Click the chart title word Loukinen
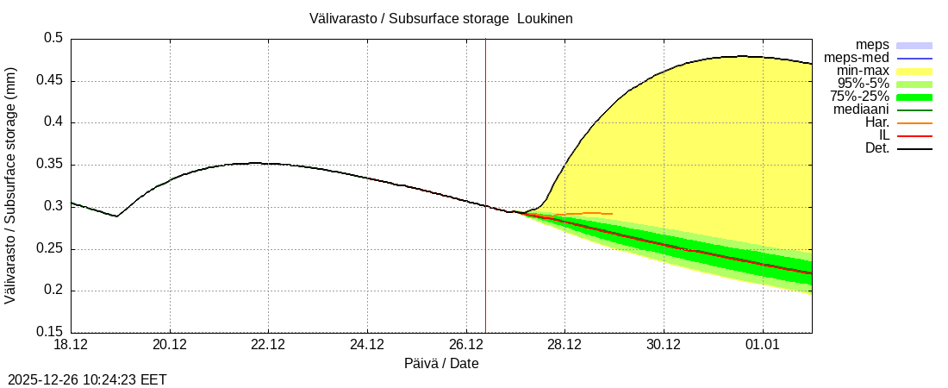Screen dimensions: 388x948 pyautogui.click(x=545, y=18)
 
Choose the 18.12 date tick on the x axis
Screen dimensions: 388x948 pyautogui.click(x=71, y=345)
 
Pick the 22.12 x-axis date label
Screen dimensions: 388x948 pyautogui.click(x=268, y=345)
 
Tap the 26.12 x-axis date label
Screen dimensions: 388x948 pyautogui.click(x=466, y=345)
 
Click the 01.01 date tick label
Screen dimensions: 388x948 pyautogui.click(x=762, y=345)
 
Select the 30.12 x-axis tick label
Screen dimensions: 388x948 pyautogui.click(x=664, y=345)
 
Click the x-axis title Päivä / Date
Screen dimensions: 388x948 pyautogui.click(x=441, y=364)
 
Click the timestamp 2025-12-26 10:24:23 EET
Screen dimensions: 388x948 pyautogui.click(x=87, y=379)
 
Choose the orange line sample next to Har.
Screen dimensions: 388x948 pyautogui.click(x=914, y=123)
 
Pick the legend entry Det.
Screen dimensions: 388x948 pyautogui.click(x=876, y=148)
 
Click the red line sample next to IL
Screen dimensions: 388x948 pyautogui.click(x=914, y=136)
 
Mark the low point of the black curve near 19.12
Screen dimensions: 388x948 pyautogui.click(x=117, y=216)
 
